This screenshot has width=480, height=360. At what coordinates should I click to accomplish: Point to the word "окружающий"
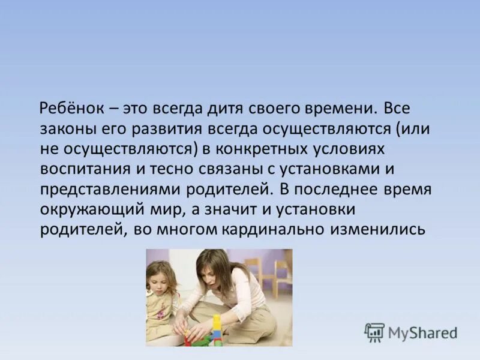click(x=86, y=209)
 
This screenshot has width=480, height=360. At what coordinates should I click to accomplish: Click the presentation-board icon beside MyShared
click(x=374, y=332)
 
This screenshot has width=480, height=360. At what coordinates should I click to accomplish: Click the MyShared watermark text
click(x=422, y=332)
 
